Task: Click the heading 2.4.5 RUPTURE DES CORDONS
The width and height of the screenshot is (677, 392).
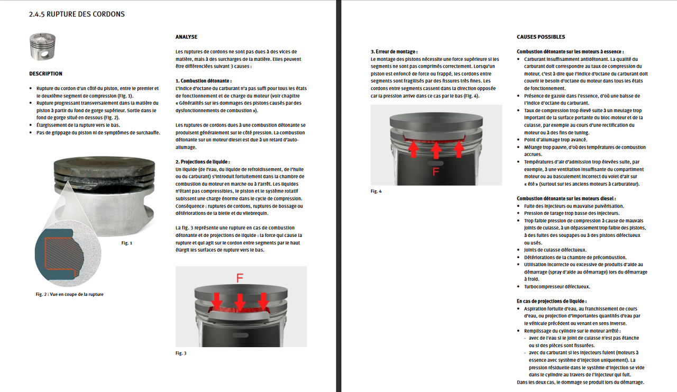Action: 77,14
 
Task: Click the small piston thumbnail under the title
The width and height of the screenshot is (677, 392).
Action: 42,48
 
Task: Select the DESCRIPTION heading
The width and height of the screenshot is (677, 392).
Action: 45,74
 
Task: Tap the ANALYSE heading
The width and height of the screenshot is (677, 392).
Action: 186,37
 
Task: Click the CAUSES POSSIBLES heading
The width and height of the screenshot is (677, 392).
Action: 541,37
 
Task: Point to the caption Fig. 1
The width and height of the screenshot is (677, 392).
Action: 127,243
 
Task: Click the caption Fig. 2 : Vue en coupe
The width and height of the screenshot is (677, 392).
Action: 70,294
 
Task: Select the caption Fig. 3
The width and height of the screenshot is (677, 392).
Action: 181,353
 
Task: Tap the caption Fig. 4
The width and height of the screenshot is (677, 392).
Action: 376,191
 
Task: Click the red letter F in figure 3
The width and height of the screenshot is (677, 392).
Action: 240,278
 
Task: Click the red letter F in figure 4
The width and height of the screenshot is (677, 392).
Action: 435,171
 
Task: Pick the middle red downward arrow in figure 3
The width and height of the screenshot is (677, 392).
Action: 240,302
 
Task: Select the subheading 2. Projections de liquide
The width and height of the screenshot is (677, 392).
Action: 203,161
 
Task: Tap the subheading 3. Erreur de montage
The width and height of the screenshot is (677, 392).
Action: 394,51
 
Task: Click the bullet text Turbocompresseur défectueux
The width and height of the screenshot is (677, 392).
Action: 557,287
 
